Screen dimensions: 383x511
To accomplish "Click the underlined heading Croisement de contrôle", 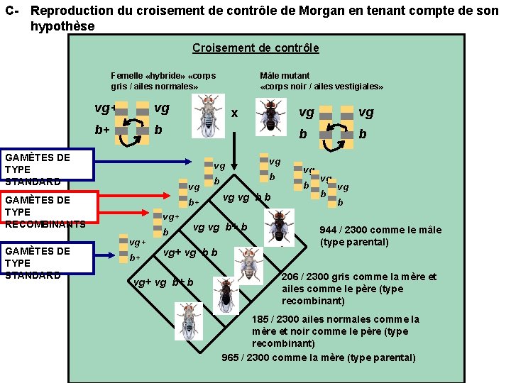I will pyautogui.click(x=255, y=48).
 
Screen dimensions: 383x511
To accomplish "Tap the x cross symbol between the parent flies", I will pyautogui.click(x=234, y=113).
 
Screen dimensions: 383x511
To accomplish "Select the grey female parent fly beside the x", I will pyautogui.click(x=209, y=114).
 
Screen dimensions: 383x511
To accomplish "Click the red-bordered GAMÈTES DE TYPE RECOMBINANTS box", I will pyautogui.click(x=47, y=212).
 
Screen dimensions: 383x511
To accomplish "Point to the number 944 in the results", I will pyautogui.click(x=329, y=230).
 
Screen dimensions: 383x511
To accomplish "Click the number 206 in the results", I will pyautogui.click(x=291, y=277).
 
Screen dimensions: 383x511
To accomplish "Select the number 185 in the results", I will pyautogui.click(x=261, y=319).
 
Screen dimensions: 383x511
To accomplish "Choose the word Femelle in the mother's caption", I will pyautogui.click(x=126, y=76).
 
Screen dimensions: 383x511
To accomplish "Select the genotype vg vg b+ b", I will pyautogui.click(x=220, y=228).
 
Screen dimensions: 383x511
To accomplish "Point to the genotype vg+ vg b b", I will pyautogui.click(x=190, y=253).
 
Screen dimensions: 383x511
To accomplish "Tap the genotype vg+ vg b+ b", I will pyautogui.click(x=163, y=283).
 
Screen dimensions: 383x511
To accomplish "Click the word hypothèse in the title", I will pyautogui.click(x=62, y=26).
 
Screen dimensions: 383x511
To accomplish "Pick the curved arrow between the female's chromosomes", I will pyautogui.click(x=130, y=138).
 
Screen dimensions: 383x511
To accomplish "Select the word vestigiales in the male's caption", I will pyautogui.click(x=361, y=87).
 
